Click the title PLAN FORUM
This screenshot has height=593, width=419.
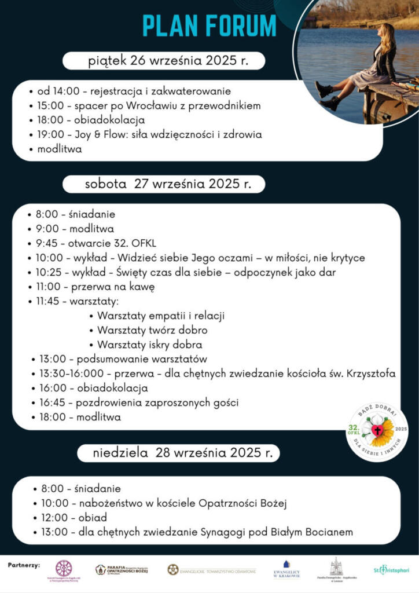point(209,26)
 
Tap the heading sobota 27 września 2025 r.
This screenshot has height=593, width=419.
point(168,184)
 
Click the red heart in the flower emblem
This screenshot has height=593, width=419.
point(377,430)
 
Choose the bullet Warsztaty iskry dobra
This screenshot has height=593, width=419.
point(153,345)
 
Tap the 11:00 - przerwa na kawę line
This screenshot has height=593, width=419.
point(95,287)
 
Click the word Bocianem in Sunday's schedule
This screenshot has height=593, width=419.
point(328,532)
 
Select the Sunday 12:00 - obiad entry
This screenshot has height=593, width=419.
point(73,517)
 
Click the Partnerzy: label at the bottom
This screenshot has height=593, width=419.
point(24,565)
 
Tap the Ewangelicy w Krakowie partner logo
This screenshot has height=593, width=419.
point(286,570)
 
